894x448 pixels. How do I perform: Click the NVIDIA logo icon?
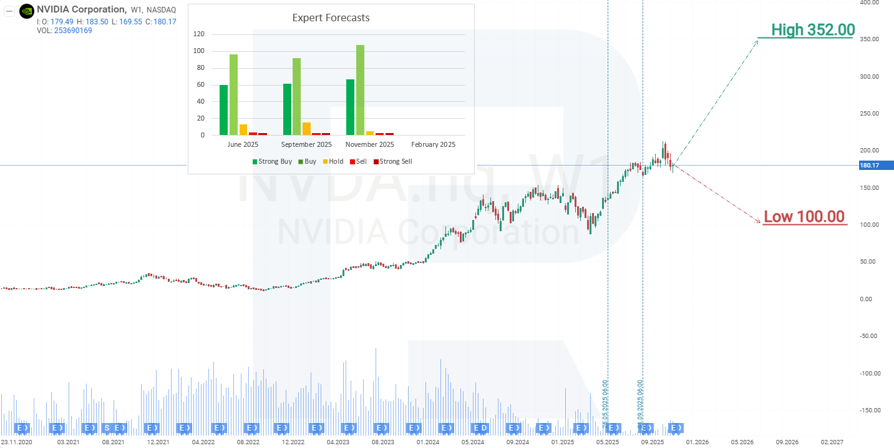27,10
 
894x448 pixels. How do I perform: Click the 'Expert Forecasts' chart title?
331,17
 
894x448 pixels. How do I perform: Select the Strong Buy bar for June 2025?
223,110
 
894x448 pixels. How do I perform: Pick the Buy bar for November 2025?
360,90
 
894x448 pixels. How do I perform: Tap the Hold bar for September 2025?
306,129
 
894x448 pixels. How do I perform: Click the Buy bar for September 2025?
296,96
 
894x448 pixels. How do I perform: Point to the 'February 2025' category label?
433,144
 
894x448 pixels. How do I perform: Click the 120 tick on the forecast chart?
199,34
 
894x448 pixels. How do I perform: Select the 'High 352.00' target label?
812,29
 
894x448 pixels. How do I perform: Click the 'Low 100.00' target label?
804,217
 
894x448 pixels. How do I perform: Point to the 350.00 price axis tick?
868,39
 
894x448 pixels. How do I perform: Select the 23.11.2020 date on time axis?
17,442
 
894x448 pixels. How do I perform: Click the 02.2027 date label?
832,442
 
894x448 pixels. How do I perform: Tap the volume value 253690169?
73,31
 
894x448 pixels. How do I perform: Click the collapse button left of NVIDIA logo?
10,10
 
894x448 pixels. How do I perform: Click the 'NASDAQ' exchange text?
163,10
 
